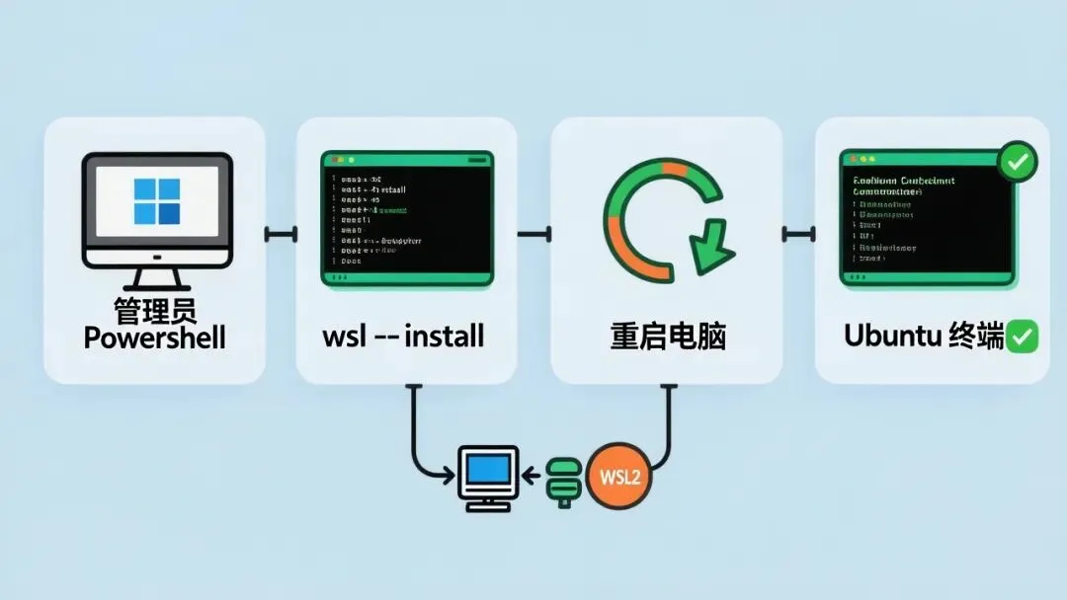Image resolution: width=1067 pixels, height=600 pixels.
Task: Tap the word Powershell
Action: (155, 338)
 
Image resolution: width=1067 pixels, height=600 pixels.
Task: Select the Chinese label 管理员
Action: (155, 309)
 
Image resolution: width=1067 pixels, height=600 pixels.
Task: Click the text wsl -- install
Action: (403, 336)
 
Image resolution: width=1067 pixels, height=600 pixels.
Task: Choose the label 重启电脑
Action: (668, 337)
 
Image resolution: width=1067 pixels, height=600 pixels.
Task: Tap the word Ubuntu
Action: (888, 336)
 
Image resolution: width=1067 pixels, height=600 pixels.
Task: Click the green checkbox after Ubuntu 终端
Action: (1023, 337)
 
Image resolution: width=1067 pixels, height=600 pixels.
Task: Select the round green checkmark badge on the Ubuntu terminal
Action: (1017, 162)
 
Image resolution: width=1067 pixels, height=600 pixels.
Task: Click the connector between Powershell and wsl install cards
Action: (281, 235)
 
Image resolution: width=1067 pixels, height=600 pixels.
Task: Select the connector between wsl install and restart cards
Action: (533, 235)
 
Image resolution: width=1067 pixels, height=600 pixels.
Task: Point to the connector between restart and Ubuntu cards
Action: (798, 235)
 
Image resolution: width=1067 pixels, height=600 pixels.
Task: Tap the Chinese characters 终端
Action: (977, 336)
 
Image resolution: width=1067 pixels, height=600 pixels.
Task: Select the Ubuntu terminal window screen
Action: (926, 216)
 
